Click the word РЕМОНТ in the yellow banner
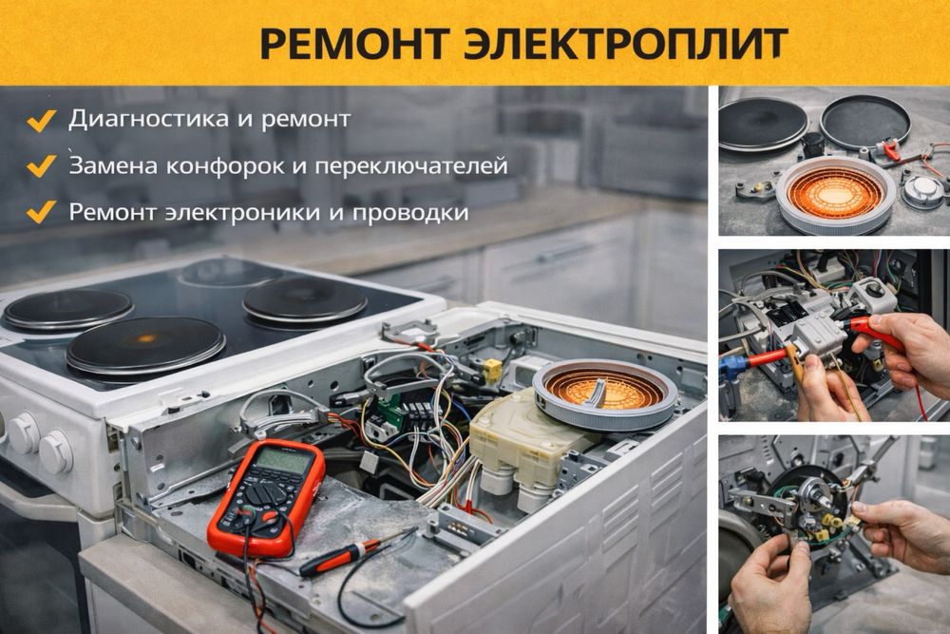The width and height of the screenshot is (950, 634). [353, 44]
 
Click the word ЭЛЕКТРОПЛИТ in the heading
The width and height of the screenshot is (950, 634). [626, 44]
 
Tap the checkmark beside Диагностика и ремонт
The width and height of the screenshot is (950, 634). [41, 120]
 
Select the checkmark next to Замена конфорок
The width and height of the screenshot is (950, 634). [41, 165]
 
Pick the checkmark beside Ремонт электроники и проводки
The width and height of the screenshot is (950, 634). [41, 212]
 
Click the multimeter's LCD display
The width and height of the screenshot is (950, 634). [282, 461]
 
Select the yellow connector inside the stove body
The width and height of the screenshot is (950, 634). [493, 369]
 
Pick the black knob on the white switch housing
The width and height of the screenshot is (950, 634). [873, 290]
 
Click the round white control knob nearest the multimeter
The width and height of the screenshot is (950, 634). [56, 451]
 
